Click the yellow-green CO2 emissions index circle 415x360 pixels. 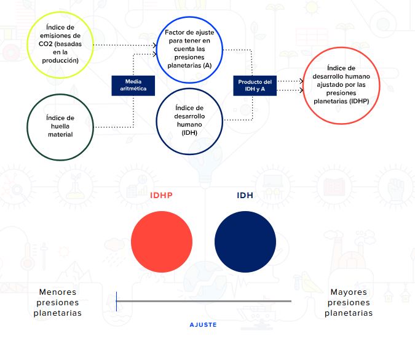28,45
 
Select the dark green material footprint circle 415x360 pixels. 28,127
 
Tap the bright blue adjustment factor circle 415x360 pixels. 156,50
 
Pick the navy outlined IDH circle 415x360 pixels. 156,121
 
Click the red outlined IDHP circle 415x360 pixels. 303,86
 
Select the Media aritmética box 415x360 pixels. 133,86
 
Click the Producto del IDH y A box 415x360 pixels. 255,86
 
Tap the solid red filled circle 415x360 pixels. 162,242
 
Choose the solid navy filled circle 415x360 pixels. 245,242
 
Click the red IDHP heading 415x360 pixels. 162,196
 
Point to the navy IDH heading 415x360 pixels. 245,196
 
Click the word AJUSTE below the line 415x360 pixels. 204,325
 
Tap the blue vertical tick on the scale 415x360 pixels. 116,302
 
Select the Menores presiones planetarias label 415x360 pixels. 58,303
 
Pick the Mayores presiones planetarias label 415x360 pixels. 349,303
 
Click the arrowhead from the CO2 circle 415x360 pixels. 155,46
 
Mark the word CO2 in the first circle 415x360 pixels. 45,44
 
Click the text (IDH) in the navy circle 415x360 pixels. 189,133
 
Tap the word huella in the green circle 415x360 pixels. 60,126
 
